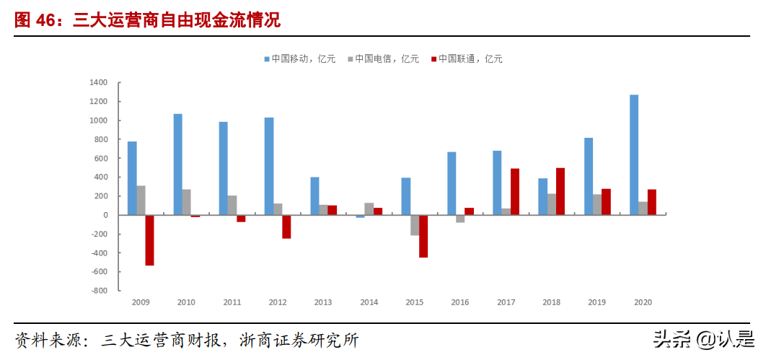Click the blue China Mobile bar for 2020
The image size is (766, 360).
[633, 154]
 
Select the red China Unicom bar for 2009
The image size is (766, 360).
[149, 240]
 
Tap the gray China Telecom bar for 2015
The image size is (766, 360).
[415, 225]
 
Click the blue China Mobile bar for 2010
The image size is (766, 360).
[177, 164]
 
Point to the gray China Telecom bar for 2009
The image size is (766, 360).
[141, 201]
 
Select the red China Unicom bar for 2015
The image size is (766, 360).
[423, 236]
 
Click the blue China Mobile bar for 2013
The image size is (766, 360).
[314, 196]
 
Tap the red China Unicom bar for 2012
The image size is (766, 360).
[286, 227]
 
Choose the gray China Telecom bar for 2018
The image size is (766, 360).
[552, 204]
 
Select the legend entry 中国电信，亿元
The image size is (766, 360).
[387, 59]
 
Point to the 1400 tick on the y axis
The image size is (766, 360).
[98, 83]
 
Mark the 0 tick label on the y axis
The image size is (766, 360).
[105, 215]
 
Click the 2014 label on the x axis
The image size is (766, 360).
[369, 303]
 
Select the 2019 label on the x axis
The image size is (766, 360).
[596, 303]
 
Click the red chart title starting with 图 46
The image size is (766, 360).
[148, 21]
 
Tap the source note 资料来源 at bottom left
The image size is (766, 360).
[188, 340]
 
